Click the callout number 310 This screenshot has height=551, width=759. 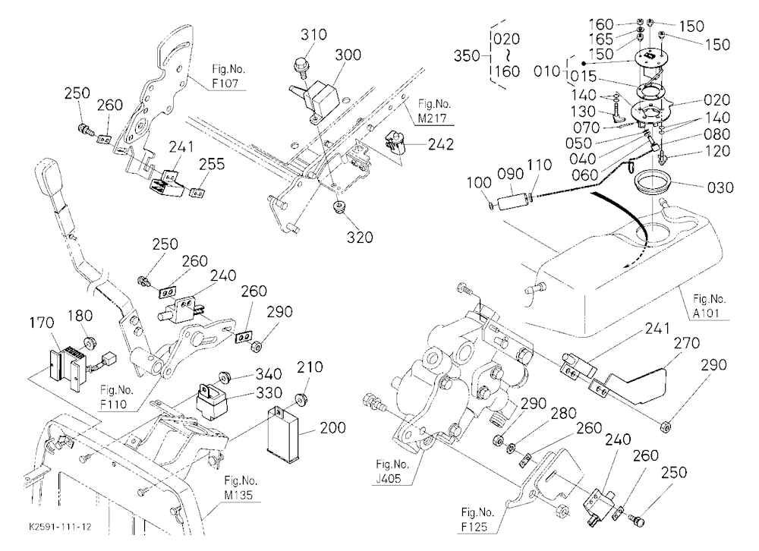pos(313,35)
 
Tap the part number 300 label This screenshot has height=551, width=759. pos(348,55)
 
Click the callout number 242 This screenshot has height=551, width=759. pos(440,144)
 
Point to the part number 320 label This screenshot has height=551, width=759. pos(360,238)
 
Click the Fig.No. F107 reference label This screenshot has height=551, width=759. pos(225,76)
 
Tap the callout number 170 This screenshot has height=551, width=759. pos(42,323)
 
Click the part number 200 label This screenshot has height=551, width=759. pos(333,428)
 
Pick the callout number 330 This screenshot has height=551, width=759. pos(269,392)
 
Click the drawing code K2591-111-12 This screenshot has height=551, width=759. pos(60,527)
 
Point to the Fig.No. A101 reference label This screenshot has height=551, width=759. pos(709,306)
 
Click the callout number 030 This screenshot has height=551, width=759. pos(720,187)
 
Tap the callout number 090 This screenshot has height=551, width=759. pos(510,174)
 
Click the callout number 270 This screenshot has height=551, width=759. pos(686,343)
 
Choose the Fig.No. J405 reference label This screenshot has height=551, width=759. pos(392,471)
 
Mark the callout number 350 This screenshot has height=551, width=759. pos(467,56)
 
